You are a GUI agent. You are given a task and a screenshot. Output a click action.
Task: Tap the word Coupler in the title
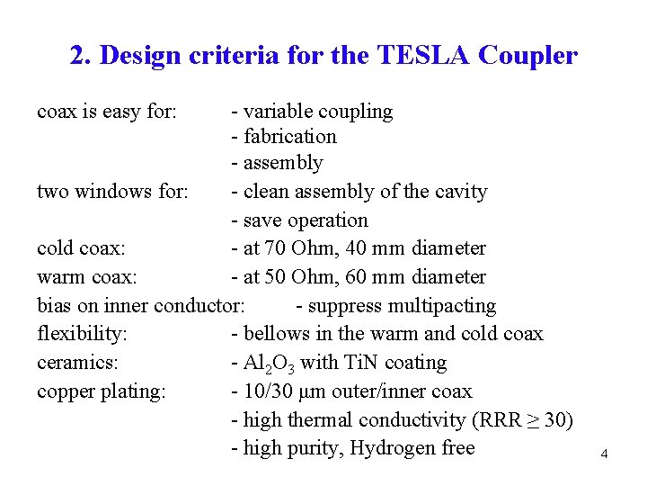(528, 56)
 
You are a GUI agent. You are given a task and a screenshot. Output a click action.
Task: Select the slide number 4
(604, 455)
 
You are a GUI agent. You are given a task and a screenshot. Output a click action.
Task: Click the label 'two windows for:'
(112, 192)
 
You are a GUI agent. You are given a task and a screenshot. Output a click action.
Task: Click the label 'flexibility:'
(83, 334)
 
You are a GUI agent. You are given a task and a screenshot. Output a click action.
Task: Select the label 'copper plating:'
(102, 391)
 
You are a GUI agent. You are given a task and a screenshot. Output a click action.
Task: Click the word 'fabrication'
(290, 137)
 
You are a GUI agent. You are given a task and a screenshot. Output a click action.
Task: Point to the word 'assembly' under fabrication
(283, 164)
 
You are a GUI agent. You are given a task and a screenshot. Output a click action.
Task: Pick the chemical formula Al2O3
(270, 364)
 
